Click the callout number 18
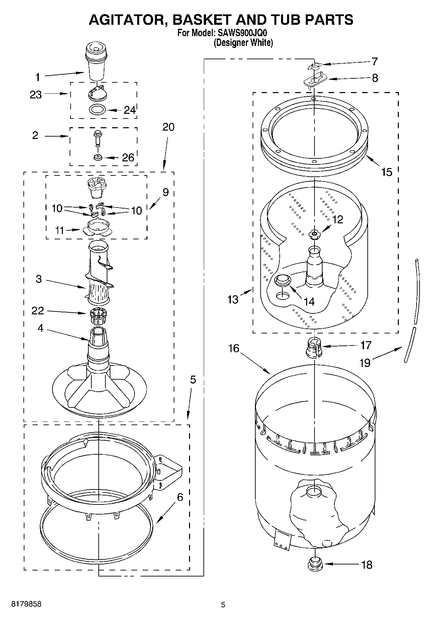367,565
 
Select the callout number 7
375,62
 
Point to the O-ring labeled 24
98,109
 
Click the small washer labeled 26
98,157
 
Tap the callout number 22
37,311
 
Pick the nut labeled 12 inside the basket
315,234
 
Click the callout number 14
309,301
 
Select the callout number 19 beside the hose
365,363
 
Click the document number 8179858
26,604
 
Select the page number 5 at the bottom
223,605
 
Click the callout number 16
234,349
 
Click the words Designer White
243,43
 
